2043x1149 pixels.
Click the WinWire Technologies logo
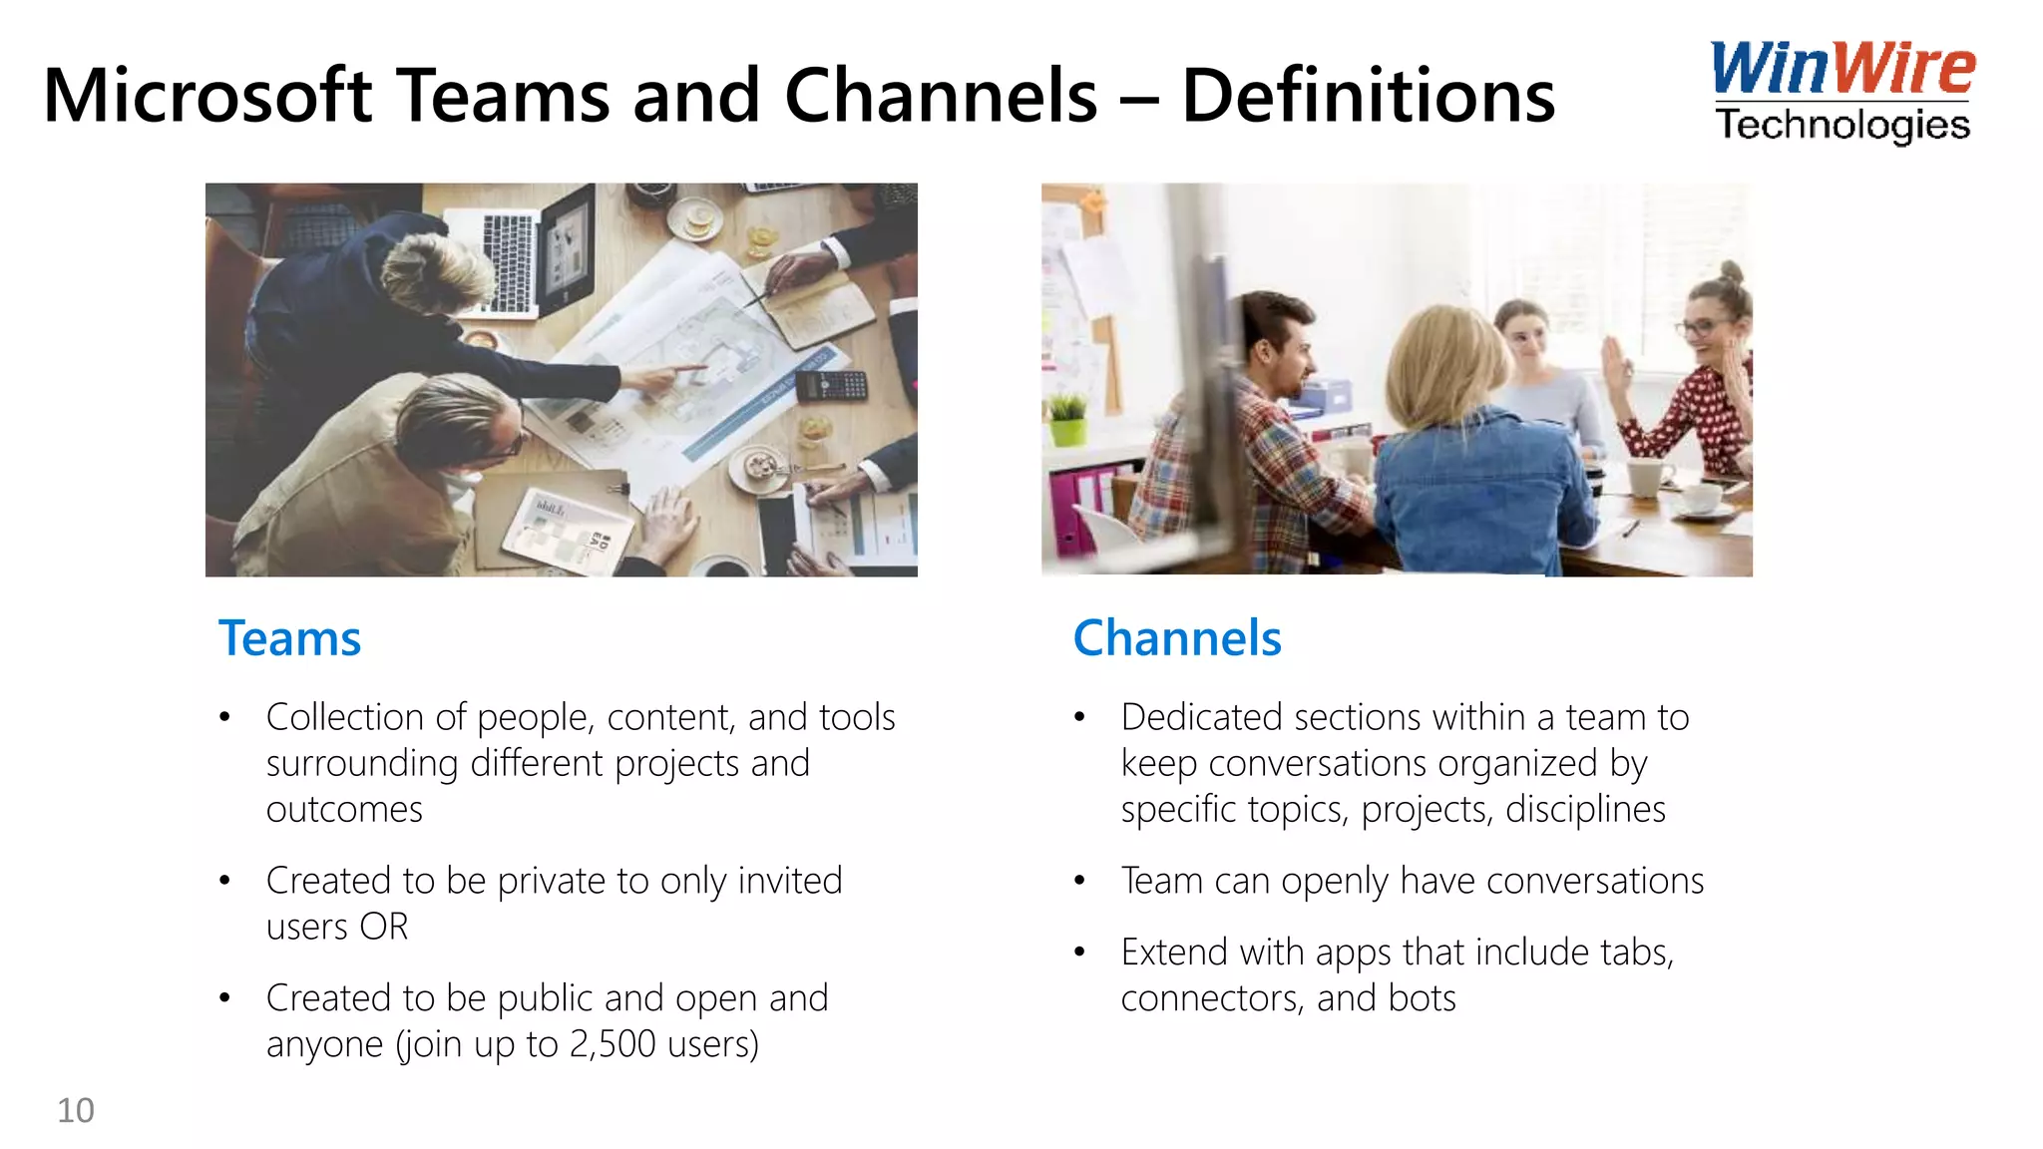[x=1841, y=92]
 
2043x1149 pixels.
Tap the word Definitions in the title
[x=1368, y=96]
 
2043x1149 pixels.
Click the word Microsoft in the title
[x=207, y=96]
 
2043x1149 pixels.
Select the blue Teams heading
[x=289, y=638]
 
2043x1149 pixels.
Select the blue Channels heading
[x=1177, y=638]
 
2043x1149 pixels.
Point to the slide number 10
[x=76, y=1110]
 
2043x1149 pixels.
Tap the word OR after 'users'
[x=384, y=927]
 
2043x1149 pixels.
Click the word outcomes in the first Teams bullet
[x=344, y=809]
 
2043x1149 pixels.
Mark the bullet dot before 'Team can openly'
[x=1079, y=881]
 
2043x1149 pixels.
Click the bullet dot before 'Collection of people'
[x=225, y=717]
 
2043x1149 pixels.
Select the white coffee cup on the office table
[x=1649, y=476]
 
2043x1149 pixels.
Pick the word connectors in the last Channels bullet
[x=1212, y=998]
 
